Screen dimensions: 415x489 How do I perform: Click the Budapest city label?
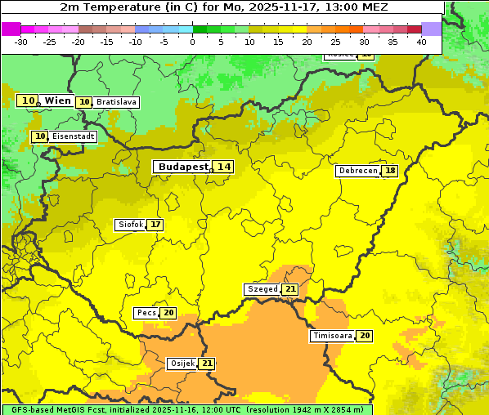tap(182, 167)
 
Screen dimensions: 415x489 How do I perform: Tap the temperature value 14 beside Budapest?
tap(223, 167)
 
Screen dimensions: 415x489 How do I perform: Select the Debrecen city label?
tap(357, 171)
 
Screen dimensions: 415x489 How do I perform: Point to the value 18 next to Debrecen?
tap(391, 171)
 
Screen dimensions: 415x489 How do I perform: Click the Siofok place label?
tap(130, 225)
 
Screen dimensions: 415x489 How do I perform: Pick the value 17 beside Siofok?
tap(155, 225)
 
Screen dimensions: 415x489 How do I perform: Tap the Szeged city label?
tap(262, 289)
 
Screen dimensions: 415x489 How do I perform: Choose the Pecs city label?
tap(146, 313)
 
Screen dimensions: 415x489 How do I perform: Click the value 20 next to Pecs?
tap(168, 313)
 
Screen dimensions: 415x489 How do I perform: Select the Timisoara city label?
tap(332, 336)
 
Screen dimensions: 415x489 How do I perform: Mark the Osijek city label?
tap(182, 364)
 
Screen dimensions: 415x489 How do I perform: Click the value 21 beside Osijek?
tap(207, 364)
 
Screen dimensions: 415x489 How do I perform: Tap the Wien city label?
tap(57, 100)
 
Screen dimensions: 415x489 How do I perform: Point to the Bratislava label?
tap(115, 102)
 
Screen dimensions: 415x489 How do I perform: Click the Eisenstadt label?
tap(73, 136)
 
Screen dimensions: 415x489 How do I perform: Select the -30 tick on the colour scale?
tap(21, 42)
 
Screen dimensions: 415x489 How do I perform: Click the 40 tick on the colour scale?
tap(421, 42)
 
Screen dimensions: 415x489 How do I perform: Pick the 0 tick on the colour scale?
tap(192, 42)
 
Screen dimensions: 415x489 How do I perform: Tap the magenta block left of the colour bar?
tap(11, 29)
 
